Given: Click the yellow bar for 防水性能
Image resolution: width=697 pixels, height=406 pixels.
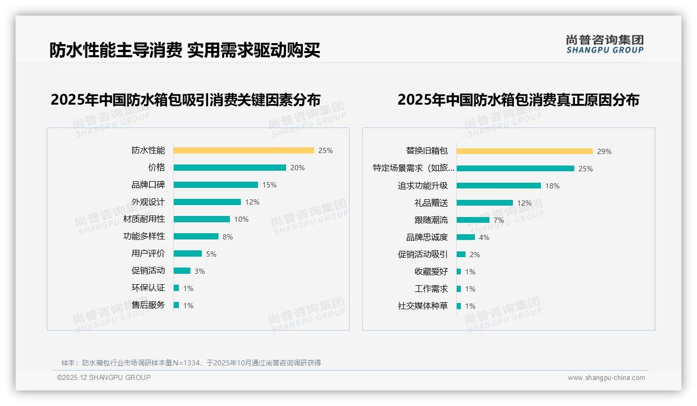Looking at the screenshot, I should pyautogui.click(x=243, y=150).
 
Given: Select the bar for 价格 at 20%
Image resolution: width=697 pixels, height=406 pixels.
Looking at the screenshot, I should pyautogui.click(x=229, y=168).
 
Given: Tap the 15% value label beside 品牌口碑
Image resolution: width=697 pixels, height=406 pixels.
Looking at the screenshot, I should pyautogui.click(x=269, y=185).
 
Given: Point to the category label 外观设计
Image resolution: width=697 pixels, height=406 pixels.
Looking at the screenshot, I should pyautogui.click(x=148, y=202).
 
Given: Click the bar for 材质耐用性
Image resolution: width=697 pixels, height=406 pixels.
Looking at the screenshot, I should pyautogui.click(x=201, y=219).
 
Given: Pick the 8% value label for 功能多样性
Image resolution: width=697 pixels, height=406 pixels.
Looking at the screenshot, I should pyautogui.click(x=228, y=237).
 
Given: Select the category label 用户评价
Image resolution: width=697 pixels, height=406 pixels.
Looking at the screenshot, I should pyautogui.click(x=148, y=253).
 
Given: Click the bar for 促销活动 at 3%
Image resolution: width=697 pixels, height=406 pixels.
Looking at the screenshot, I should pyautogui.click(x=182, y=271).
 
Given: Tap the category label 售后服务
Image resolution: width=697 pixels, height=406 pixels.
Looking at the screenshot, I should pyautogui.click(x=148, y=305).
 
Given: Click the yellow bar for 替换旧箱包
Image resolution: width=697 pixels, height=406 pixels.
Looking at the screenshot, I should pyautogui.click(x=524, y=151).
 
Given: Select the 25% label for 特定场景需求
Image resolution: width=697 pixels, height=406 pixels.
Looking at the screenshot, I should pyautogui.click(x=586, y=169).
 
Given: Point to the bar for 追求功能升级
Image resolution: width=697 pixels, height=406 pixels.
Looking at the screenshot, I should pyautogui.click(x=498, y=186).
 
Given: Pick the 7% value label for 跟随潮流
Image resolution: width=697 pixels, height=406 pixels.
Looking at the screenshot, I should pyautogui.click(x=499, y=220).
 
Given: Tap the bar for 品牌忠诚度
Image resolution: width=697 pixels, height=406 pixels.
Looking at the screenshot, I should pyautogui.click(x=466, y=237).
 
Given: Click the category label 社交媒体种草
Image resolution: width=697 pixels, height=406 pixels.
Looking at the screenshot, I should pyautogui.click(x=422, y=306).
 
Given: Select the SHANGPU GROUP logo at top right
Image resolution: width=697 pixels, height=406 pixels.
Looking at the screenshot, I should pyautogui.click(x=604, y=44).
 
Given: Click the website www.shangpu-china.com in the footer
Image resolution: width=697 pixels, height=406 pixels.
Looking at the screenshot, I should pyautogui.click(x=606, y=378).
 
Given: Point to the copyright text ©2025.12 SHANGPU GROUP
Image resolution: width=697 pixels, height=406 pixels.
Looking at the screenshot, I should pyautogui.click(x=104, y=377).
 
